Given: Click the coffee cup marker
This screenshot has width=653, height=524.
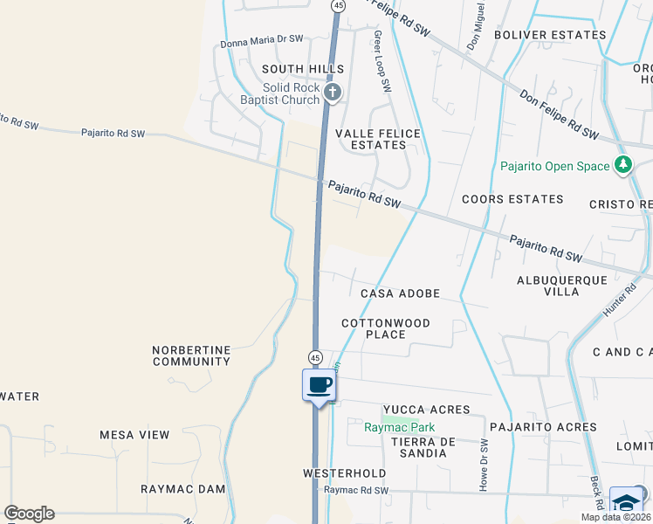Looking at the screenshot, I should pyautogui.click(x=320, y=385).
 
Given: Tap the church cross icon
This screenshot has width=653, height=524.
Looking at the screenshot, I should pyautogui.click(x=332, y=93).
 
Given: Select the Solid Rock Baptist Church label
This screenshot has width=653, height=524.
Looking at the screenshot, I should pyautogui.click(x=292, y=94).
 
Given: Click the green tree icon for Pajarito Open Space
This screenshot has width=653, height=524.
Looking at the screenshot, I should pyautogui.click(x=622, y=165).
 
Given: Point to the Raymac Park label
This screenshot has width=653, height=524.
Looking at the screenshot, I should pyautogui.click(x=399, y=428).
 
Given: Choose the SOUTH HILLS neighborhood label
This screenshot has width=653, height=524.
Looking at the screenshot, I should pyautogui.click(x=303, y=69).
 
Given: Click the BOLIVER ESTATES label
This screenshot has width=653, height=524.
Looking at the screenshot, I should pyautogui.click(x=549, y=35).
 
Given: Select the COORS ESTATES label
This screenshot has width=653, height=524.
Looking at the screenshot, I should pyautogui.click(x=512, y=199).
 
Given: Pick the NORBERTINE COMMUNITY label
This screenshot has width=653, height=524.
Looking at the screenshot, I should pyautogui.click(x=191, y=355).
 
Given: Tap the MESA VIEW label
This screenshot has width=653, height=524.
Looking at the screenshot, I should pyautogui.click(x=134, y=435).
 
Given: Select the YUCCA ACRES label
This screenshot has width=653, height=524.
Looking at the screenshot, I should pyautogui.click(x=426, y=410).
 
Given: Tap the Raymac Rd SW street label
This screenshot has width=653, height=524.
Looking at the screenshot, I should pyautogui.click(x=355, y=491).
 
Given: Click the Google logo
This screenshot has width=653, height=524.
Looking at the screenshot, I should pyautogui.click(x=29, y=514).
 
